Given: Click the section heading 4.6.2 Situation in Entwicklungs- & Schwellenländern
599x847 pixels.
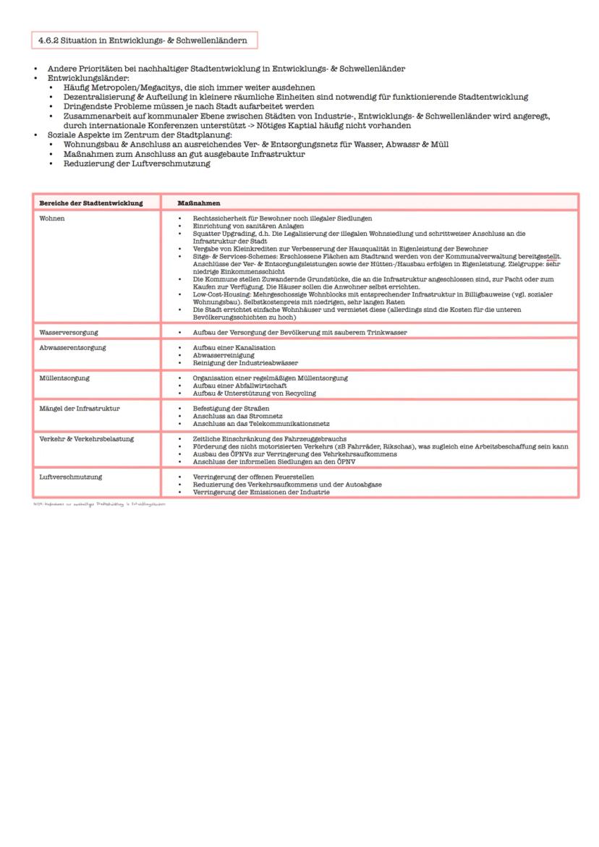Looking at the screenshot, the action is coord(143,41).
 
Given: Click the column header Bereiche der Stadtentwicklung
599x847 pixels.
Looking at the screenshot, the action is coord(90,203).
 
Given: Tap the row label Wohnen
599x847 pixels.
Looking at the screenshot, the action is coord(52,218).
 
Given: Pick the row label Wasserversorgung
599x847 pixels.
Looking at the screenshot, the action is coord(69,332).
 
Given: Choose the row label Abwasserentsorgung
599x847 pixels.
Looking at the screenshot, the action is coord(72,347).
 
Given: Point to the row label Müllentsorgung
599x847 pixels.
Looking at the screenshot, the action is coord(64,378).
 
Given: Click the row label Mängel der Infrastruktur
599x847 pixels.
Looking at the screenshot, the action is coord(80,408).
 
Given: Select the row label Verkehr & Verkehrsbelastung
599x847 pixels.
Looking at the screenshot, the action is coord(86,438).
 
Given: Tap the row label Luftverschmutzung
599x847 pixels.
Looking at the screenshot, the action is coord(70,477).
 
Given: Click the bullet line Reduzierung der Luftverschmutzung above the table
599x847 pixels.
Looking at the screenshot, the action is coord(137,163).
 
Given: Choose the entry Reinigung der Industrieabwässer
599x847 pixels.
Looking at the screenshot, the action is coord(245,362).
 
